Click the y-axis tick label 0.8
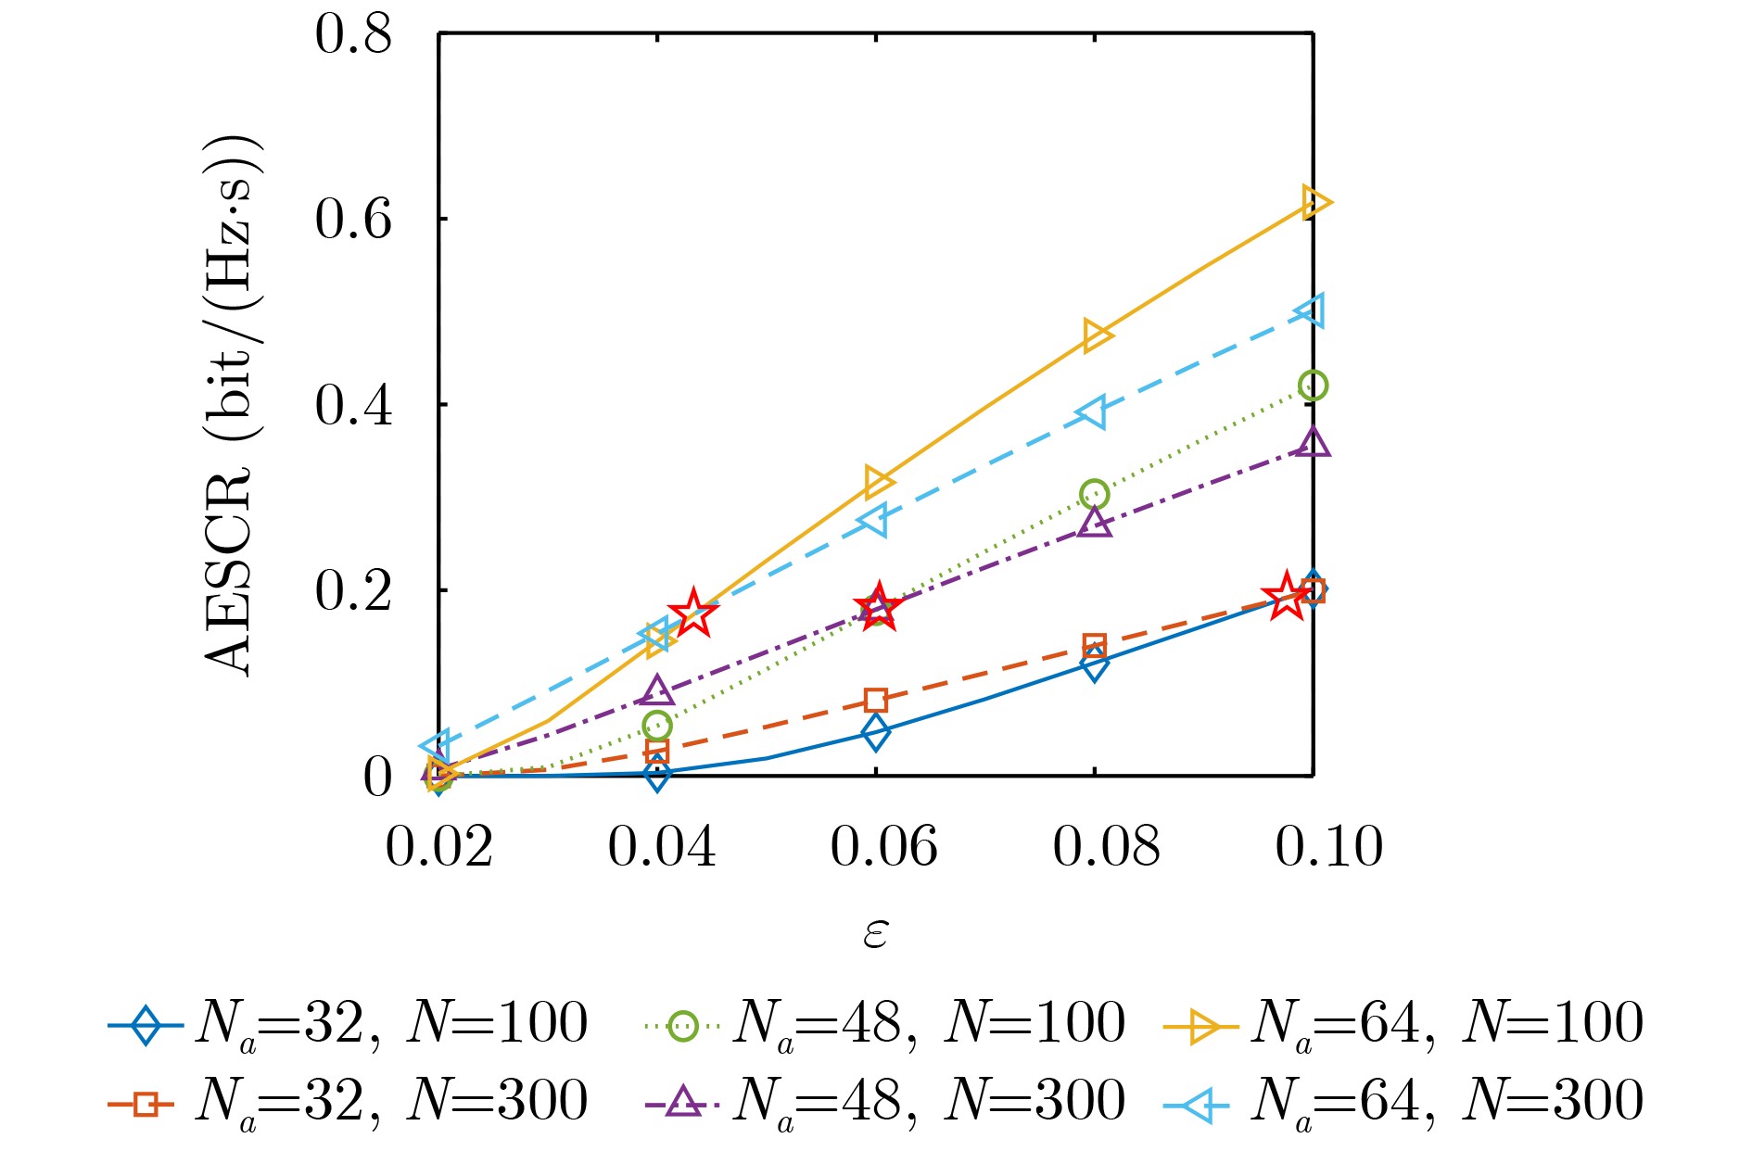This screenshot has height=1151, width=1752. pos(353,35)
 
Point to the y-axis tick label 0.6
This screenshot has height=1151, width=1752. pos(353,221)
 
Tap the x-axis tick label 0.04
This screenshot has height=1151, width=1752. pos(661,846)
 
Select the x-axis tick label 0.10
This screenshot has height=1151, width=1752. pos(1328,846)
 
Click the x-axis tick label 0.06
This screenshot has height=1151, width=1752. pos(883,846)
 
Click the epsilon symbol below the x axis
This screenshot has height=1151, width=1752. pos(875,933)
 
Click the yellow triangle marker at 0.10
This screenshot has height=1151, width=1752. pos(1314,202)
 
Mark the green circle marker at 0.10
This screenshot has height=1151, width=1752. pos(1313,386)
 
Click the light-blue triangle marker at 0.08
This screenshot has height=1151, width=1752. pos(1093,412)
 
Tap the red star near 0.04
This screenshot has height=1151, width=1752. pos(692,613)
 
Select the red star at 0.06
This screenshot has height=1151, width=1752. pos(878,607)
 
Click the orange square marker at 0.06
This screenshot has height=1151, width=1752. pos(876,700)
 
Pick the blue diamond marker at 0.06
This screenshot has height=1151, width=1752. pos(875,732)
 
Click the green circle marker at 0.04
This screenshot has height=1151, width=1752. pos(656,725)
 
